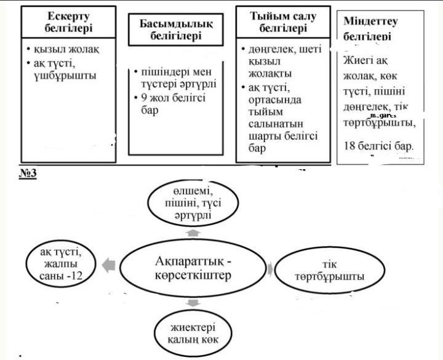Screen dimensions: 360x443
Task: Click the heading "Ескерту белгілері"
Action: [x=68, y=22]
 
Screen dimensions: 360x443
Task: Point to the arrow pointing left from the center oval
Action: [x=109, y=266]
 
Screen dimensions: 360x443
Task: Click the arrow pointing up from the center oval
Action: [x=193, y=233]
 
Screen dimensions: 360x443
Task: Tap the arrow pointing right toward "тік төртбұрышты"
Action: [x=271, y=268]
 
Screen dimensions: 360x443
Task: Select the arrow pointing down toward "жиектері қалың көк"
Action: [x=193, y=302]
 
